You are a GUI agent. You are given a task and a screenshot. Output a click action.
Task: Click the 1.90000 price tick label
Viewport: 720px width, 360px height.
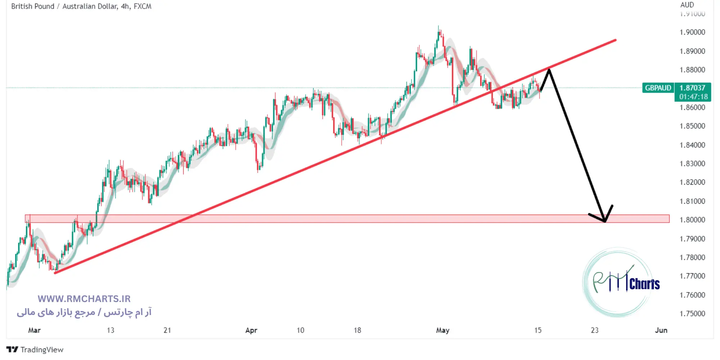[692, 32]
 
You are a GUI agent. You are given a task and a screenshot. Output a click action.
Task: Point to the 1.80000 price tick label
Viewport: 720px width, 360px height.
[692, 220]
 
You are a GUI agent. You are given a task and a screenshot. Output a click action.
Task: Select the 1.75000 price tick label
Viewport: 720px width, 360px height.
[692, 314]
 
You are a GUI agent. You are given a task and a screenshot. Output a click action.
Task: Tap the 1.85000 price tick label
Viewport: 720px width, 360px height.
[692, 126]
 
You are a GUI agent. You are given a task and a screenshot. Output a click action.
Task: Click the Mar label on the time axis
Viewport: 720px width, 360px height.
[34, 330]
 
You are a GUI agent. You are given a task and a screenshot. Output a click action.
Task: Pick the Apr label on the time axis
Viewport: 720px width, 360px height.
[251, 330]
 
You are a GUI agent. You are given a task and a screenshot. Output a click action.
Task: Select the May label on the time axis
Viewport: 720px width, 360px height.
[442, 330]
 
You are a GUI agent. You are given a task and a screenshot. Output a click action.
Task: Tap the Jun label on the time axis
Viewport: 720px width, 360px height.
[661, 330]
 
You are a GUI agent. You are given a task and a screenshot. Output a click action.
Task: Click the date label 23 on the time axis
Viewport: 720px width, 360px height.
[594, 330]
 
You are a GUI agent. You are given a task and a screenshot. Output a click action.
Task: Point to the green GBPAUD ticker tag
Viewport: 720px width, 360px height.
[658, 88]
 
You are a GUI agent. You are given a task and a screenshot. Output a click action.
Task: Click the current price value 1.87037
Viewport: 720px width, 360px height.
[692, 88]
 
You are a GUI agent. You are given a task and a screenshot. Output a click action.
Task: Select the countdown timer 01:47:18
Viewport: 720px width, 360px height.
[693, 97]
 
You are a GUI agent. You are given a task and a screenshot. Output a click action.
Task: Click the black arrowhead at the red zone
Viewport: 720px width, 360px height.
[605, 221]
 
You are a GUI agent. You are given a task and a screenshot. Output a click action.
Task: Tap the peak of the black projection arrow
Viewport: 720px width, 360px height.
[549, 69]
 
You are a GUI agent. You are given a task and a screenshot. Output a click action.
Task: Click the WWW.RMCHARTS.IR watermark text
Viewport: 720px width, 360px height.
[84, 299]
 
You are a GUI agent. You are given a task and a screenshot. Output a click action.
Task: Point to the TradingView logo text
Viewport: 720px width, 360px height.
[41, 350]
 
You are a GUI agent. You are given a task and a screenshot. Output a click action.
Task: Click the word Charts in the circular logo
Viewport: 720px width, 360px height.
[644, 284]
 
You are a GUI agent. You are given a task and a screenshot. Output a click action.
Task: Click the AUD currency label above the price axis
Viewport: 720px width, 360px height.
[687, 5]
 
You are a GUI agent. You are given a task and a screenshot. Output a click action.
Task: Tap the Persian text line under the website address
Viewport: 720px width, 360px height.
[84, 312]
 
